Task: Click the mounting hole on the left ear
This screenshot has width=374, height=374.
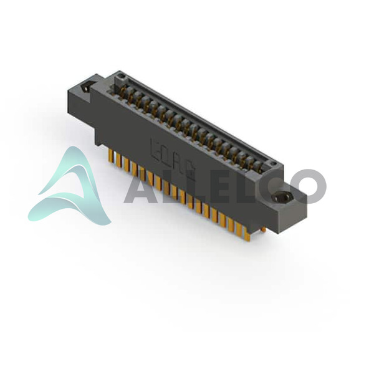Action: (x=87, y=87)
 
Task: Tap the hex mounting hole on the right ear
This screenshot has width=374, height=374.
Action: (x=282, y=197)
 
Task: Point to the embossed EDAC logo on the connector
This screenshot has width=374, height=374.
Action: (x=173, y=159)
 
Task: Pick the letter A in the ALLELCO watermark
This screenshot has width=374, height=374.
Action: (x=140, y=186)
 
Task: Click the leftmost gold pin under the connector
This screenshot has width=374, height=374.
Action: (x=111, y=155)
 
